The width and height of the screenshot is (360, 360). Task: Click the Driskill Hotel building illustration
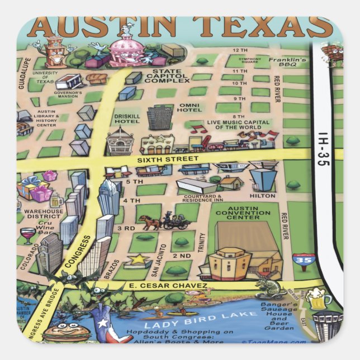[x=119, y=141]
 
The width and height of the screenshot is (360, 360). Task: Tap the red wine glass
[x=26, y=234]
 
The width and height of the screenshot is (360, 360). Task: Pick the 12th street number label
[x=237, y=50]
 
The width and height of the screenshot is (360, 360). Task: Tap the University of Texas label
[x=44, y=77]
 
